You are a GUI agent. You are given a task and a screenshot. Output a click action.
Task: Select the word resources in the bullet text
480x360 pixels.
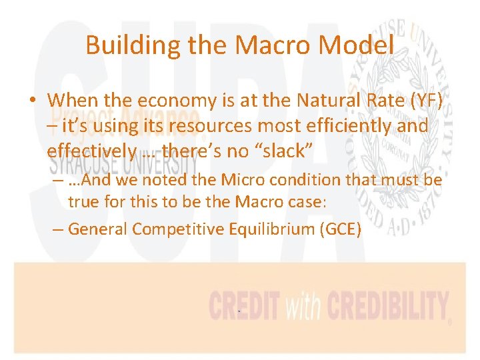[x=217, y=126]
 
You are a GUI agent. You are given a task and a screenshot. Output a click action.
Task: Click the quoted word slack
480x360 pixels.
[x=279, y=151]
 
